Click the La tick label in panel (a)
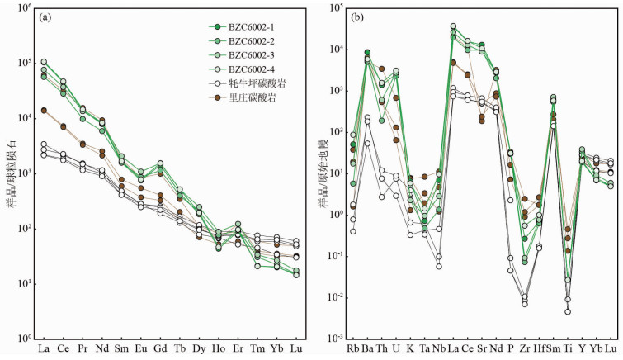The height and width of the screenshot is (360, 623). tap(43, 348)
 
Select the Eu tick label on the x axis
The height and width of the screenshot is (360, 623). tap(140, 348)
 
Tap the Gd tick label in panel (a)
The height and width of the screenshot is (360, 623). tap(160, 348)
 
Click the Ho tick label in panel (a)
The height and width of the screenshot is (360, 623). tap(219, 348)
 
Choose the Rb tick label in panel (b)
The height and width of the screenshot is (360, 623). tap(353, 348)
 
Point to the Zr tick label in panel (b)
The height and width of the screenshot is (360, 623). tap(524, 348)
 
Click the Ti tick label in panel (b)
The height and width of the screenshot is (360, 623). tap(568, 348)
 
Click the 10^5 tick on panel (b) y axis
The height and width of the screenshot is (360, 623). tap(335, 8)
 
